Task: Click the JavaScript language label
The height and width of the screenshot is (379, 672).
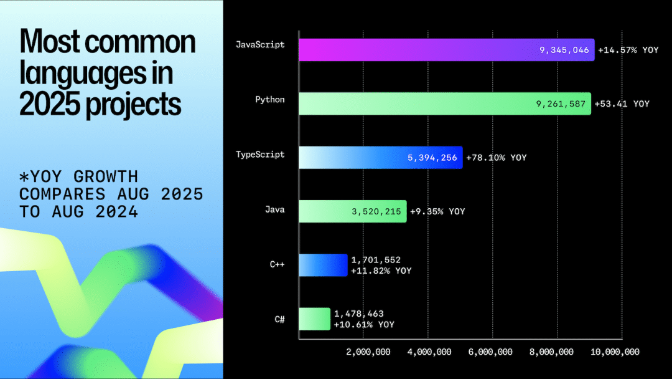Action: click(x=260, y=45)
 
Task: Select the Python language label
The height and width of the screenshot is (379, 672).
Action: click(x=270, y=100)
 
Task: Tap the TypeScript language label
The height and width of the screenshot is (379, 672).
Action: click(x=260, y=155)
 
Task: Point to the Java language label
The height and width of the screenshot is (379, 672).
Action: click(x=274, y=209)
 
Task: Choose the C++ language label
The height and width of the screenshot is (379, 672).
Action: click(x=277, y=264)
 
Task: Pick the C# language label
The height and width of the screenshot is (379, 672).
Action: click(x=279, y=319)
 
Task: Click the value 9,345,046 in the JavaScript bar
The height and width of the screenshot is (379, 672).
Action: click(x=564, y=50)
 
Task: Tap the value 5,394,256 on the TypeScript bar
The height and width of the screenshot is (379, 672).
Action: click(x=432, y=158)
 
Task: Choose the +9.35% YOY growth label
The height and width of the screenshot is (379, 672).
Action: click(x=437, y=212)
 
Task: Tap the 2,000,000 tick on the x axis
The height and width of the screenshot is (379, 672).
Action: click(x=368, y=352)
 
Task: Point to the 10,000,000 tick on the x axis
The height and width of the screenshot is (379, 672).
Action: click(x=614, y=352)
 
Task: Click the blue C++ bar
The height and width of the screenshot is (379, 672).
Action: click(x=323, y=265)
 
